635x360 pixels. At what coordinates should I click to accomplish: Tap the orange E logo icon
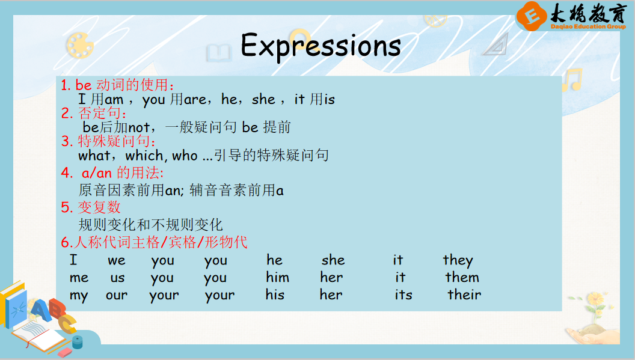click(532, 16)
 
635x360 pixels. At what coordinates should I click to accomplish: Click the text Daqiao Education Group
click(588, 26)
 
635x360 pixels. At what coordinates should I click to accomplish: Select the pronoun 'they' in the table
click(458, 260)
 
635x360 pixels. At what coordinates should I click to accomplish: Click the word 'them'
click(462, 278)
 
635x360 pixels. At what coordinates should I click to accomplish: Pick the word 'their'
click(464, 294)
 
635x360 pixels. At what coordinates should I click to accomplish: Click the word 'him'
click(277, 277)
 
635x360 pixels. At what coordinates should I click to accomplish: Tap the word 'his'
click(275, 294)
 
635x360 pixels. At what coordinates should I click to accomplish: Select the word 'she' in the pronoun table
click(333, 260)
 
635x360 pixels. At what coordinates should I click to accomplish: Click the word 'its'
click(403, 294)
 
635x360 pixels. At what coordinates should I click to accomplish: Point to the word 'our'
click(117, 295)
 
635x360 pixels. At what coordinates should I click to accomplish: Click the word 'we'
click(117, 261)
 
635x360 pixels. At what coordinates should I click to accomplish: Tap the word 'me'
click(79, 278)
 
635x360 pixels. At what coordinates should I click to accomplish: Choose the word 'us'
click(117, 278)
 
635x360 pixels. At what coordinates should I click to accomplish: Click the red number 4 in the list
click(66, 173)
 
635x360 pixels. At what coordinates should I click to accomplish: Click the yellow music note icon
click(572, 79)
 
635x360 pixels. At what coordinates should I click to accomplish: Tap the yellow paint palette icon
click(80, 45)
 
